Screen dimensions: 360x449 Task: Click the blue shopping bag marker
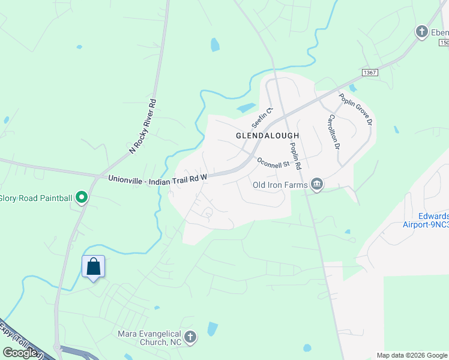click(x=93, y=266)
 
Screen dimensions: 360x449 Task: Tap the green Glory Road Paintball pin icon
click(x=83, y=197)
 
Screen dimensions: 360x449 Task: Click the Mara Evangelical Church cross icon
click(x=191, y=337)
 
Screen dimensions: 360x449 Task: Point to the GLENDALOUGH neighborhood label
click(x=267, y=136)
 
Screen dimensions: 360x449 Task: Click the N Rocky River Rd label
click(x=143, y=126)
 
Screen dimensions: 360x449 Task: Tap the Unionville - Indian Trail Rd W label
click(x=158, y=178)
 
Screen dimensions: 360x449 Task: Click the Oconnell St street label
click(x=273, y=162)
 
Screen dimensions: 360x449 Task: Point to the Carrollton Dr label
click(x=334, y=132)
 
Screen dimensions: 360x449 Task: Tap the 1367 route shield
click(x=369, y=72)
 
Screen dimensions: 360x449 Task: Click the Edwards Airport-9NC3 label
click(x=426, y=220)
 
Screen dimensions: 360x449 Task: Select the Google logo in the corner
click(x=20, y=353)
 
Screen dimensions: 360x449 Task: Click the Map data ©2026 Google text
click(x=411, y=355)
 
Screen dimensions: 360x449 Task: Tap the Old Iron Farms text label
click(x=280, y=185)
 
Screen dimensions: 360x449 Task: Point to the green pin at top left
click(x=79, y=46)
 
